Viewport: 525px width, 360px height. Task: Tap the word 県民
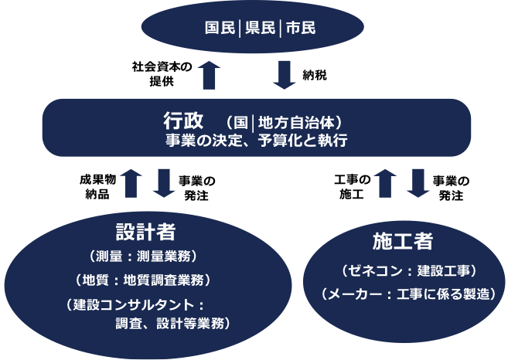point(261,29)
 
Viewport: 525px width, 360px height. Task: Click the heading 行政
point(183,121)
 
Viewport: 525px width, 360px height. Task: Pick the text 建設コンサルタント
point(131,304)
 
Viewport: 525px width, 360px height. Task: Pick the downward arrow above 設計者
point(164,183)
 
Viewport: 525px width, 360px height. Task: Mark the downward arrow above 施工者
point(418,183)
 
